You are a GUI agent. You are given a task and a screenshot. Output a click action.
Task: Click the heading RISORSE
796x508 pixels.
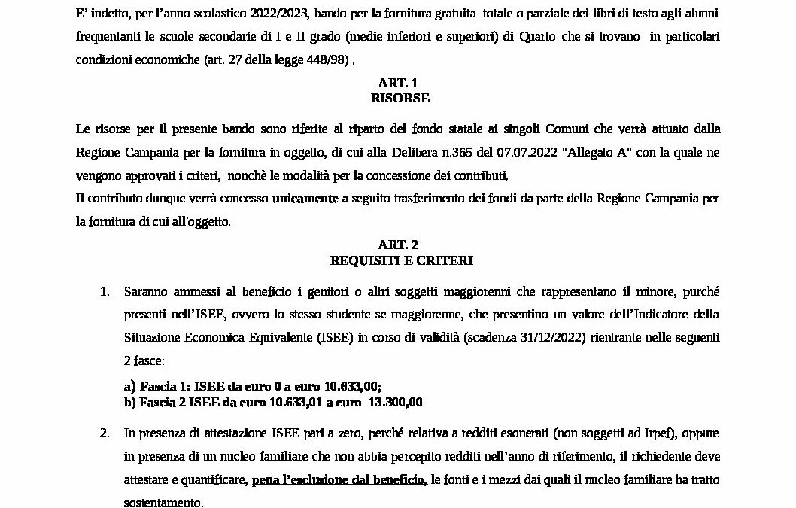click(x=398, y=98)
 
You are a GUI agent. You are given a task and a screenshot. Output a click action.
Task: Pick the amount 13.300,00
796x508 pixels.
click(x=394, y=403)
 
